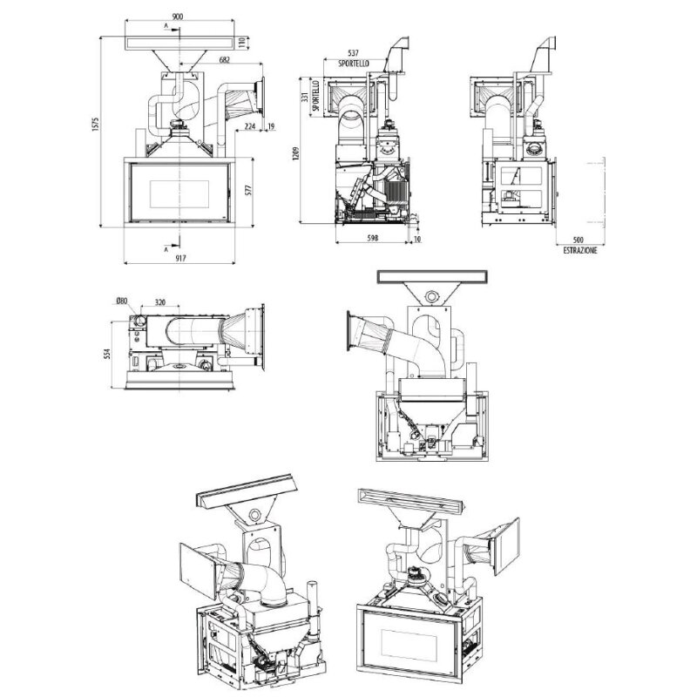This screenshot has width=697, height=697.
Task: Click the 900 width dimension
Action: coord(178,17)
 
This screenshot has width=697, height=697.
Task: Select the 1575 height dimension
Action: coord(95,125)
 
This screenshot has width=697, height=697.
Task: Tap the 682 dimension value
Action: coord(225,59)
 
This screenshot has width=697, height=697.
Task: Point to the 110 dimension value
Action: coord(242,43)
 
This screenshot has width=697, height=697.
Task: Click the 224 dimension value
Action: coord(250,126)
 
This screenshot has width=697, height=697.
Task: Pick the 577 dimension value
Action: coord(249,190)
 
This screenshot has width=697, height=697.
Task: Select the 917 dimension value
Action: coord(179,258)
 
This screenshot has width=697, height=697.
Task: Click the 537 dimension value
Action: coord(354,53)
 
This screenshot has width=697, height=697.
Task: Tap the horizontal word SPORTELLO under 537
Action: coord(354,64)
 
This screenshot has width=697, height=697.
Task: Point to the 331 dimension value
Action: coord(304,98)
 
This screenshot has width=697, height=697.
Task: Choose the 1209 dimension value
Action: coord(296,154)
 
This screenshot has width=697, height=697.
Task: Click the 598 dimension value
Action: coord(373,238)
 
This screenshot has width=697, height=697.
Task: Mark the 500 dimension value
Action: coord(579,240)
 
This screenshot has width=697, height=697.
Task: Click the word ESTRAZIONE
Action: coord(580,251)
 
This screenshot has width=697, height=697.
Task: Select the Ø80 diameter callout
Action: coord(122,301)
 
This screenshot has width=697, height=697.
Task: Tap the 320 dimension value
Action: coord(160,302)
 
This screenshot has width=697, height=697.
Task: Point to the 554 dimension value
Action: coord(107,355)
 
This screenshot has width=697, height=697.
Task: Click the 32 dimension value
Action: coord(414,217)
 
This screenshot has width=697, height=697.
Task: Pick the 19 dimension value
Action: coord(272,126)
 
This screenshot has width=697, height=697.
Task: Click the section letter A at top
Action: coord(166,26)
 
